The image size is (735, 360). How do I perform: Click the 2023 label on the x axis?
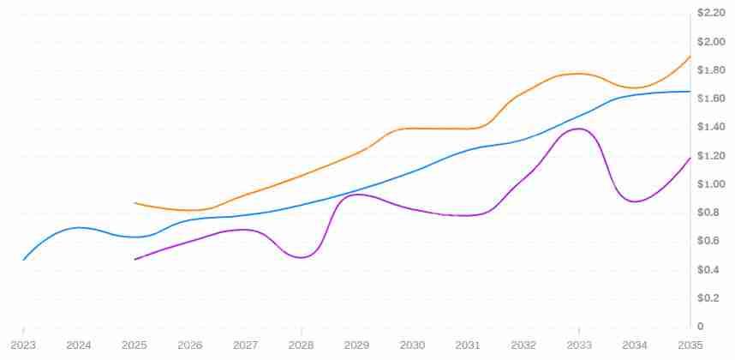click(x=23, y=345)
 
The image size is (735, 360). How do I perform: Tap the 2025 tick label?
click(x=134, y=345)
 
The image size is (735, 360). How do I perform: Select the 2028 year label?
click(x=302, y=345)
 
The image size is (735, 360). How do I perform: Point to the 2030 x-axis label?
click(x=412, y=345)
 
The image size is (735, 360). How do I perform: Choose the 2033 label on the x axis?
click(x=579, y=345)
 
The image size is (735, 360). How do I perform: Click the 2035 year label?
click(x=690, y=345)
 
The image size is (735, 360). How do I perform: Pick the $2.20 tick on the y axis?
click(x=712, y=13)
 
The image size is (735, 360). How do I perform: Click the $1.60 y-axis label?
click(x=712, y=99)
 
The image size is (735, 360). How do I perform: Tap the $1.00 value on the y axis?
click(x=712, y=184)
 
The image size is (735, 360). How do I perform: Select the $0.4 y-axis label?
click(x=708, y=270)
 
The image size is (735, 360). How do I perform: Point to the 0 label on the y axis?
click(x=701, y=327)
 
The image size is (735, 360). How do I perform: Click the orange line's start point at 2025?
click(x=134, y=203)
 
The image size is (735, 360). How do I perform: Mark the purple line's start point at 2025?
click(x=134, y=259)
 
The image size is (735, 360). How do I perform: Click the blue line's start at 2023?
click(x=23, y=260)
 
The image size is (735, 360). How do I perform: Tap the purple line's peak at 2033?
click(x=580, y=129)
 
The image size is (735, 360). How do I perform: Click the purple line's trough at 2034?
click(x=634, y=201)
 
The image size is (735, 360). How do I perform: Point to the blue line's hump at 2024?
click(x=79, y=227)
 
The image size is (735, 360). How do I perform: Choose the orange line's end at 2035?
click(x=690, y=57)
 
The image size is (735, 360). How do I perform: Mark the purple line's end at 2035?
click(x=690, y=158)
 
